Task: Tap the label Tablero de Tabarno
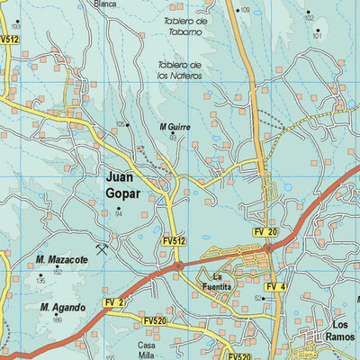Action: pyautogui.click(x=184, y=25)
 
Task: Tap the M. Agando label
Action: pyautogui.click(x=62, y=308)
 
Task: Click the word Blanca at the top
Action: pyautogui.click(x=105, y=4)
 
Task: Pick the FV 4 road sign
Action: pyautogui.click(x=275, y=287)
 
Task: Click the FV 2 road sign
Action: pyautogui.click(x=112, y=301)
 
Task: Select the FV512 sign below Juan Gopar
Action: pyautogui.click(x=175, y=241)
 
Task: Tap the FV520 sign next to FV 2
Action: pyautogui.click(x=154, y=319)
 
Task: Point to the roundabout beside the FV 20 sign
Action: pyautogui.click(x=267, y=247)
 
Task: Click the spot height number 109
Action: pyautogui.click(x=246, y=10)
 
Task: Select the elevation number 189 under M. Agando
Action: pyautogui.click(x=58, y=319)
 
